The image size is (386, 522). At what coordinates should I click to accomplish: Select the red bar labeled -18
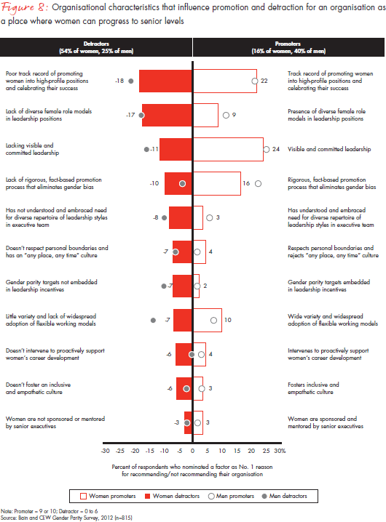pyautogui.click(x=165, y=81)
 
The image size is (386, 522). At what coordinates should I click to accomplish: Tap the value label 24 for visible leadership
pyautogui.click(x=276, y=150)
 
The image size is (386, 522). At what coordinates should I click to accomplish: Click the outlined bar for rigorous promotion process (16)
pyautogui.click(x=216, y=184)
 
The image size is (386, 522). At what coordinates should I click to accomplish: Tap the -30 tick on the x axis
pyautogui.click(x=105, y=451)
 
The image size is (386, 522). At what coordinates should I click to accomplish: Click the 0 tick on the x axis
pyautogui.click(x=192, y=451)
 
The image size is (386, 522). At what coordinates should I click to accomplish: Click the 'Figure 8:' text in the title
pyautogui.click(x=24, y=8)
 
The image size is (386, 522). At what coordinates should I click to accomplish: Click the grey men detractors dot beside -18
pyautogui.click(x=130, y=81)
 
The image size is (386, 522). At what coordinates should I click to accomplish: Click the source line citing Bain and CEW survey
pyautogui.click(x=66, y=518)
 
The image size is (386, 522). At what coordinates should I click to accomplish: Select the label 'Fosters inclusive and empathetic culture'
pyautogui.click(x=313, y=388)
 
